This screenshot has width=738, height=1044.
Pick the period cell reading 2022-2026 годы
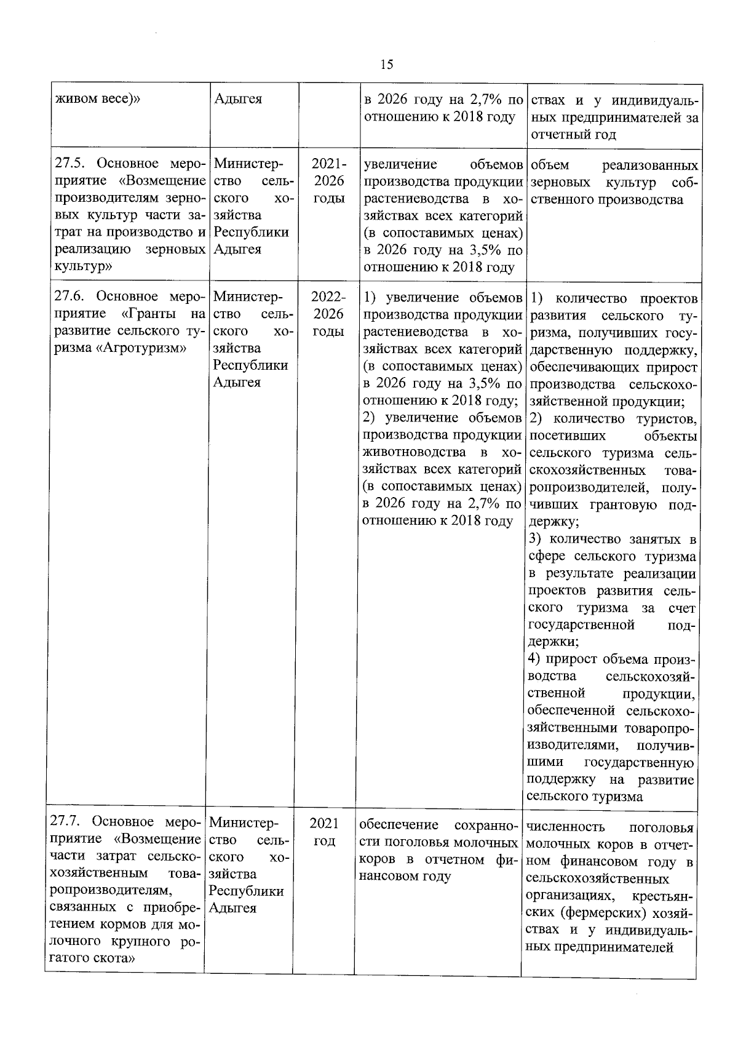coord(328,314)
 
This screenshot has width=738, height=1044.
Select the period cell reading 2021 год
coord(323,832)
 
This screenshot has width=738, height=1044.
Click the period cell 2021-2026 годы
coord(328,181)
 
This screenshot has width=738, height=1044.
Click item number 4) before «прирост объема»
coord(534,659)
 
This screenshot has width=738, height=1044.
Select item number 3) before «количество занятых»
coord(534,540)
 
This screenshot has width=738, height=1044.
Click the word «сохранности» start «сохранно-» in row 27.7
coord(486,824)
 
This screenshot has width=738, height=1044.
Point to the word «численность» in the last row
coord(565,827)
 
